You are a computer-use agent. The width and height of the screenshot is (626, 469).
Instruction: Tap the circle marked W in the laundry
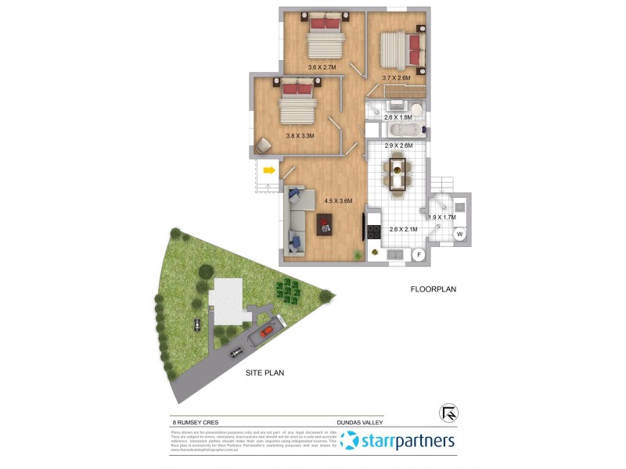click(x=460, y=234)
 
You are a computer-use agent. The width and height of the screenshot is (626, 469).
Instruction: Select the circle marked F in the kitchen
click(x=418, y=254)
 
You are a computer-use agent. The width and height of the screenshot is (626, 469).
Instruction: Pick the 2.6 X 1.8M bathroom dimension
click(x=398, y=117)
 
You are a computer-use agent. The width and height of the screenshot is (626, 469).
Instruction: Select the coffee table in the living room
click(x=325, y=225)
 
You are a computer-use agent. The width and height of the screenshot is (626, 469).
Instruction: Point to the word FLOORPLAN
click(x=433, y=289)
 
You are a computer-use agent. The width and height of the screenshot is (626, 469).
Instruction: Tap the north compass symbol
click(x=449, y=411)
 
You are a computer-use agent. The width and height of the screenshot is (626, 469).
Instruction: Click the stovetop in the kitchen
click(x=372, y=231)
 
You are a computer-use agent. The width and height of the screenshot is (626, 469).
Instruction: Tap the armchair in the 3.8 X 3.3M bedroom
click(x=263, y=144)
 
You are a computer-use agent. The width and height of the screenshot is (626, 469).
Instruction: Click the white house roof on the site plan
click(x=228, y=301)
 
